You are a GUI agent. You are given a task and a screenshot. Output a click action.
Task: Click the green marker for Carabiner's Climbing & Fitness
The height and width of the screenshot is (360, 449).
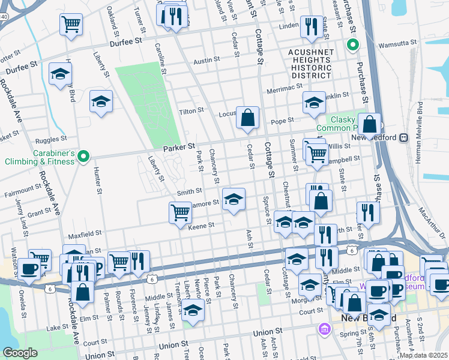[84, 157]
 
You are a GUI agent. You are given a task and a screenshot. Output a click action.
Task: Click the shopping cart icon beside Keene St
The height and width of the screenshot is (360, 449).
[180, 213]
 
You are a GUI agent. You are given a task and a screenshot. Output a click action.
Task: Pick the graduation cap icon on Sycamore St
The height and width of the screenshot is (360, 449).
[234, 199]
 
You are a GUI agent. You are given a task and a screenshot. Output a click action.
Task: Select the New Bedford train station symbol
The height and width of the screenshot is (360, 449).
[404, 137]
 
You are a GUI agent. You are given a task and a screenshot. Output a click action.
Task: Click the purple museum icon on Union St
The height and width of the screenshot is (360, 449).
[325, 329]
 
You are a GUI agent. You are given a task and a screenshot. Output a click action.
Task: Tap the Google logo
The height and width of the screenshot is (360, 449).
[20, 353]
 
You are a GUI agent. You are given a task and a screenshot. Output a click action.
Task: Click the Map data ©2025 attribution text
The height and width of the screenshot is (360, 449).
[423, 355]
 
